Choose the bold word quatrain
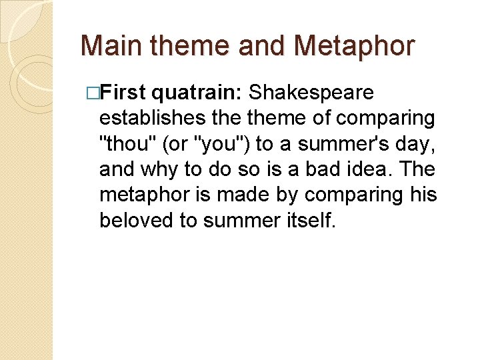coord(197,92)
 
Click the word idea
coord(363,169)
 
